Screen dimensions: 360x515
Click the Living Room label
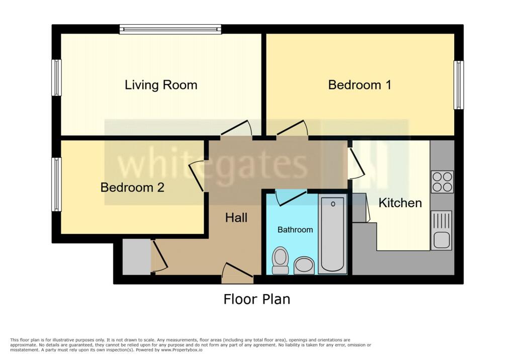[x=161, y=85]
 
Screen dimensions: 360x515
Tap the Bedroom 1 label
[x=360, y=85]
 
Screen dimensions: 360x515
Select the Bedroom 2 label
[x=132, y=188]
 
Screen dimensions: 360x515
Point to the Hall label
[x=236, y=218]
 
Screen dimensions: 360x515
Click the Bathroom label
[x=295, y=230]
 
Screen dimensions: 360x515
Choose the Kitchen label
[x=400, y=203]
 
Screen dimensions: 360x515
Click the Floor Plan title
[x=256, y=300]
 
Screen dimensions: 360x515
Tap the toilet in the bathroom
[x=280, y=260]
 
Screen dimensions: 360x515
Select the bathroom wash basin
[x=304, y=265]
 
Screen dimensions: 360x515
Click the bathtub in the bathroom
[x=332, y=234]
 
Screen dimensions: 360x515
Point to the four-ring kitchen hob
[x=442, y=182]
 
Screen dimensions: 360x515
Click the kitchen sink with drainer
[x=442, y=230]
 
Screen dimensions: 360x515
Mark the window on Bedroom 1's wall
[x=458, y=85]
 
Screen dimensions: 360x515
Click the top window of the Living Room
[x=170, y=29]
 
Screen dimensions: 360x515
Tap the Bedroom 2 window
[x=57, y=185]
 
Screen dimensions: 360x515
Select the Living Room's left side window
[x=57, y=77]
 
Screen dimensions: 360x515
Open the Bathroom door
[x=291, y=197]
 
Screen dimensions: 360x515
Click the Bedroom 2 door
[x=197, y=175]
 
